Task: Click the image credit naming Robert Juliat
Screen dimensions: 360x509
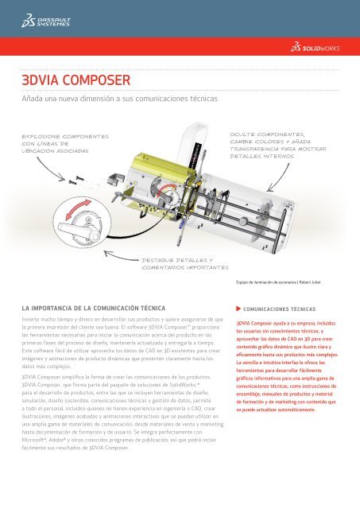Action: click(x=277, y=282)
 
